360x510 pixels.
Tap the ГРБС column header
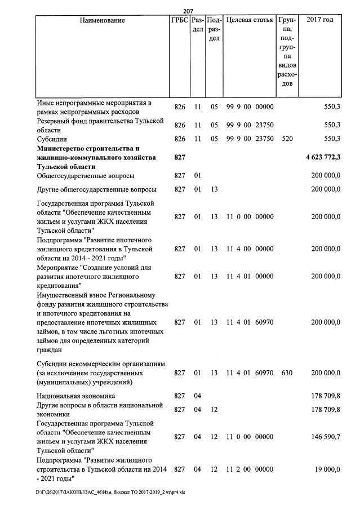pos(180,21)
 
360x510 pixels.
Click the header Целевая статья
pos(250,21)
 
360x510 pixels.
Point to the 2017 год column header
pos(319,21)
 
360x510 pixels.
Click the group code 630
pos(287,372)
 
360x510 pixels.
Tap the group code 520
pos(287,139)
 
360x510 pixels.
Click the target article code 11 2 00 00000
pos(250,469)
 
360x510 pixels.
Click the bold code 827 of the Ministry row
pos(180,158)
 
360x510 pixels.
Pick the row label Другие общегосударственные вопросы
pos(96,189)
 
